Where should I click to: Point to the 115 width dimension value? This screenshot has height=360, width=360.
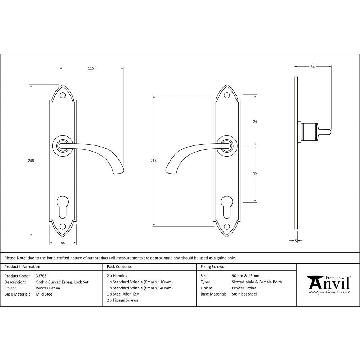[x=91, y=68]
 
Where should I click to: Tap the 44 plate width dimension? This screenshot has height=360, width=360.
[x=63, y=243]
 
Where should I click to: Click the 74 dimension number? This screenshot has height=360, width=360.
[x=255, y=122]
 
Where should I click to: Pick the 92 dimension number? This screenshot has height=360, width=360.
[x=255, y=174]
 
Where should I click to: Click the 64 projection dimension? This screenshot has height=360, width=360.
[x=312, y=67]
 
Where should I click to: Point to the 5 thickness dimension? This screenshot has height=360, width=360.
[x=296, y=241]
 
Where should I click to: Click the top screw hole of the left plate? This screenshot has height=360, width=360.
[x=63, y=95]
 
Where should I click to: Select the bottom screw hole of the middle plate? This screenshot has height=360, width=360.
[x=227, y=226]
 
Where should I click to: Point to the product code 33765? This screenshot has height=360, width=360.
[x=41, y=276]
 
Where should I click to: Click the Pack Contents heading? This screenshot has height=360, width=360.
[x=119, y=267]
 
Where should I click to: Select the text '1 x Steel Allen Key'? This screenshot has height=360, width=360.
[x=123, y=294]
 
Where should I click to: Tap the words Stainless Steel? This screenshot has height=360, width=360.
[x=244, y=294]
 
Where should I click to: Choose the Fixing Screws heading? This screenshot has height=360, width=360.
[x=212, y=267]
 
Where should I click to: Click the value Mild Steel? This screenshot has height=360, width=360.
[x=45, y=294]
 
